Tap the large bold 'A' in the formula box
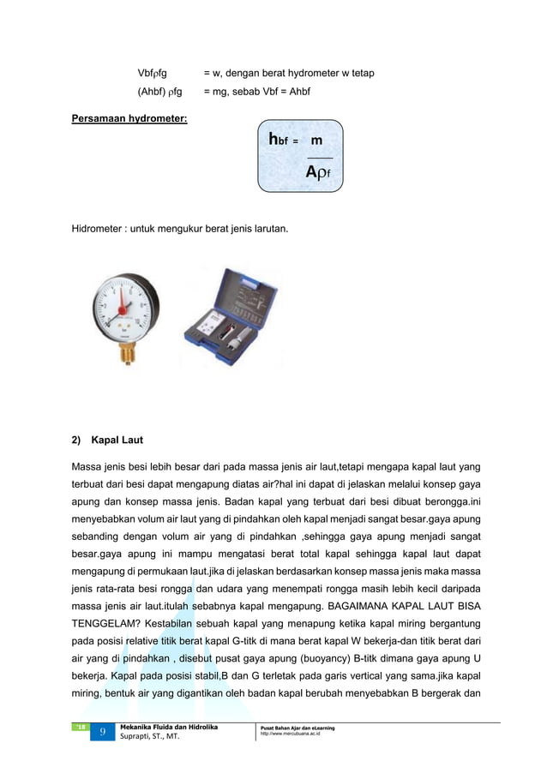[x=313, y=172]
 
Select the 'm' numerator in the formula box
[x=316, y=140]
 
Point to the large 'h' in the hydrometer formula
[x=274, y=139]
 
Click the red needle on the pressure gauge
[x=123, y=304]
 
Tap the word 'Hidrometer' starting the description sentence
[x=98, y=229]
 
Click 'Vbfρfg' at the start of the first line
[x=153, y=74]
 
